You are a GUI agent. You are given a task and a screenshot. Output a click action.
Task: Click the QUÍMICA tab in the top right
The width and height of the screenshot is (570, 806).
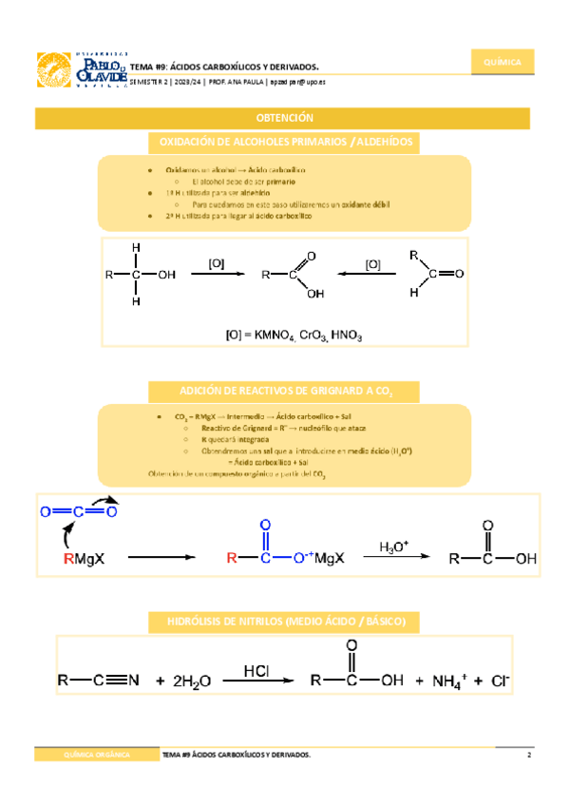point(503,63)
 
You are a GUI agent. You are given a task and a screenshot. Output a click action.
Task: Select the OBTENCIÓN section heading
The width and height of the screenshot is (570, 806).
point(284,118)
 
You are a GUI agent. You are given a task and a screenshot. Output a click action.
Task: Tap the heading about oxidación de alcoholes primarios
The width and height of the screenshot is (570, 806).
point(285,142)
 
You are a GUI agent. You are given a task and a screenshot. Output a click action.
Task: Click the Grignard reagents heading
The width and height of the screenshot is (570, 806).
point(285,391)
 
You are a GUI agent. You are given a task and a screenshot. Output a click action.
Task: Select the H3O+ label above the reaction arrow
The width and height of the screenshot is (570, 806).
point(392,547)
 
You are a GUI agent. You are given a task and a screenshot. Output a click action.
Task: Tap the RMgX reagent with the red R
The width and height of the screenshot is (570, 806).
point(84,559)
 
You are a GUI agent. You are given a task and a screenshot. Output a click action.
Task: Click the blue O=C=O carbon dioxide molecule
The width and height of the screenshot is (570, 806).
point(78,511)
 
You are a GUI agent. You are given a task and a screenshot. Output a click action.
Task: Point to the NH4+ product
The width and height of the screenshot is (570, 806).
point(451,681)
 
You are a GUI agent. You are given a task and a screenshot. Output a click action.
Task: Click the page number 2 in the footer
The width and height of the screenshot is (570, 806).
point(528,755)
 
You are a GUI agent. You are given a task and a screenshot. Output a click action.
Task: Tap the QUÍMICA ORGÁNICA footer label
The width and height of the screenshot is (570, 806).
point(96,755)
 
